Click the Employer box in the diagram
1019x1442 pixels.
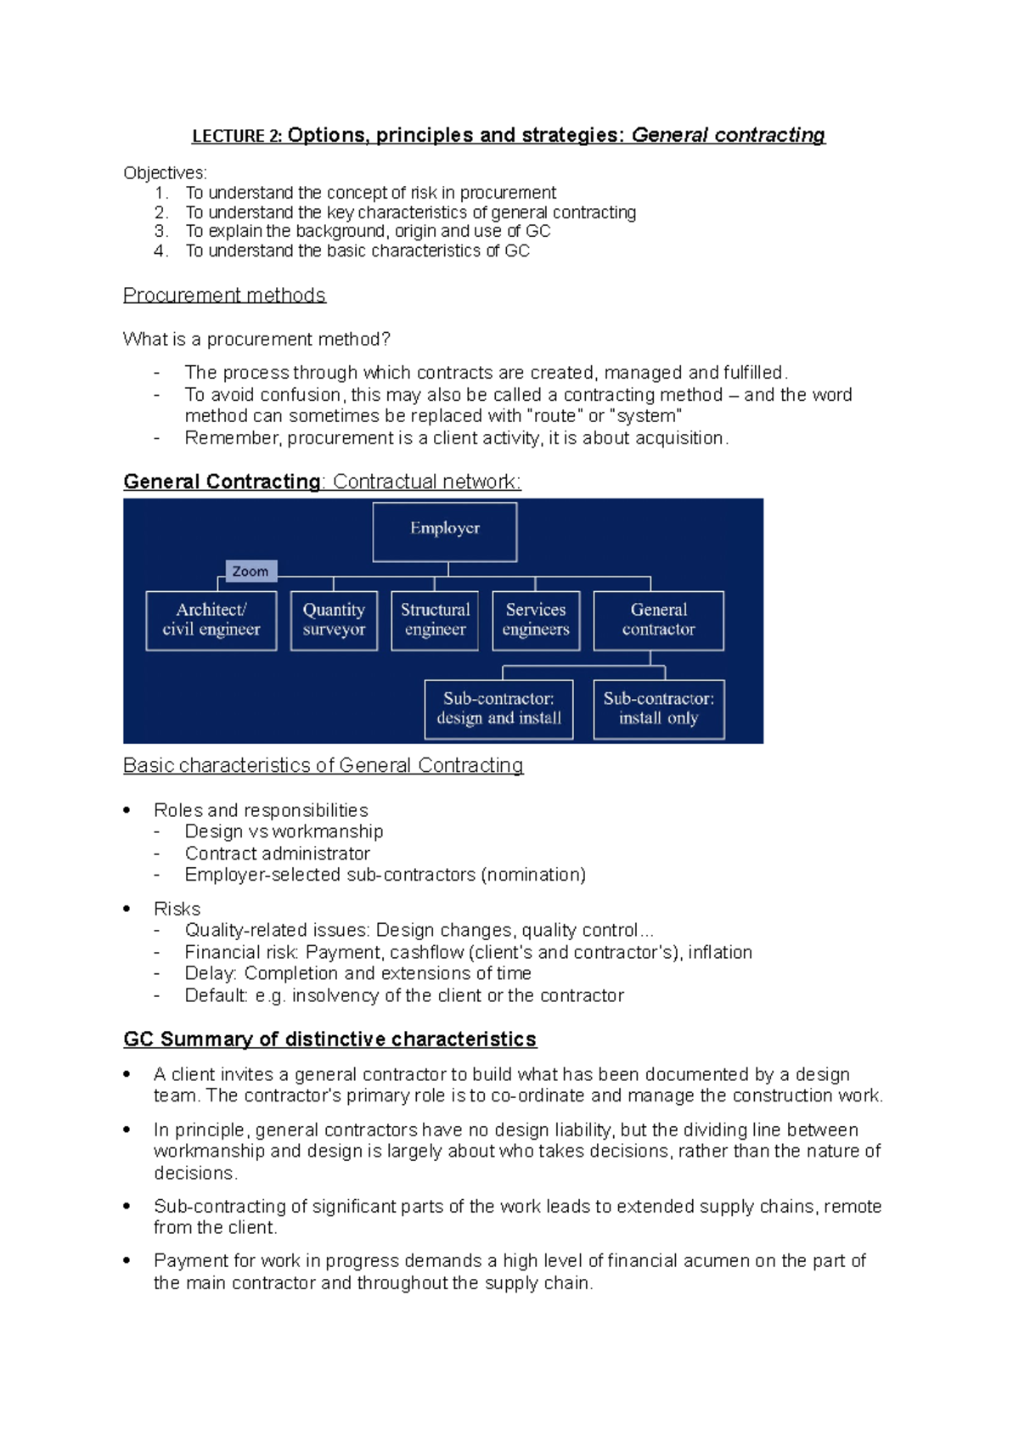click(x=444, y=532)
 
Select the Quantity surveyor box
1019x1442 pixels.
click(x=334, y=620)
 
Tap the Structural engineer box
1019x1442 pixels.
click(x=435, y=620)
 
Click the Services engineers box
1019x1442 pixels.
click(x=536, y=620)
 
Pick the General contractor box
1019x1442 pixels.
click(x=658, y=620)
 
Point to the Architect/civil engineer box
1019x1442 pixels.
click(x=211, y=620)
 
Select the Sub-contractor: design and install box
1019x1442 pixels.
click(x=498, y=708)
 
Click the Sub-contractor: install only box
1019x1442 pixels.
click(x=658, y=708)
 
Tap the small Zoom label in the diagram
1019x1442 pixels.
click(x=251, y=571)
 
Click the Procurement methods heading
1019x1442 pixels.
click(x=224, y=295)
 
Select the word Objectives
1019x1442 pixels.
click(x=164, y=173)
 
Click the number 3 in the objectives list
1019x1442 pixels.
click(x=160, y=231)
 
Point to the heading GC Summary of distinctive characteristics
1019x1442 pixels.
click(x=329, y=1039)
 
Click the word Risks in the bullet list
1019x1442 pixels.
click(x=177, y=909)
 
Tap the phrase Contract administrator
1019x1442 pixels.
click(x=277, y=853)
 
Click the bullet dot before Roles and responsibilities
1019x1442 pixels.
click(x=127, y=810)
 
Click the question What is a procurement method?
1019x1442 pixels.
click(x=256, y=339)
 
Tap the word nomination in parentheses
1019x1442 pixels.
click(x=532, y=875)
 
